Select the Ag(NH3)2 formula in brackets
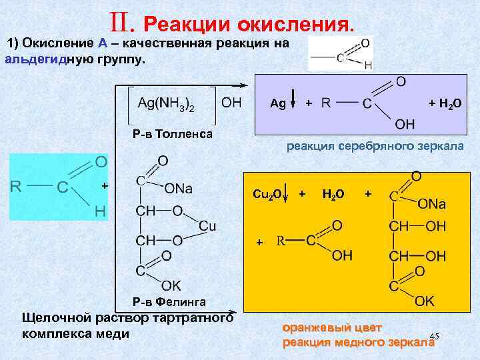(x=166, y=104)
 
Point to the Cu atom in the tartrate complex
(x=207, y=226)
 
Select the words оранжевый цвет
(x=332, y=328)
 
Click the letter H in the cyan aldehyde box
(x=100, y=211)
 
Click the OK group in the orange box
(x=424, y=301)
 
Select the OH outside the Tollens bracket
(x=231, y=103)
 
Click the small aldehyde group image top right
(x=340, y=53)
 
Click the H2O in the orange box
(x=333, y=193)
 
